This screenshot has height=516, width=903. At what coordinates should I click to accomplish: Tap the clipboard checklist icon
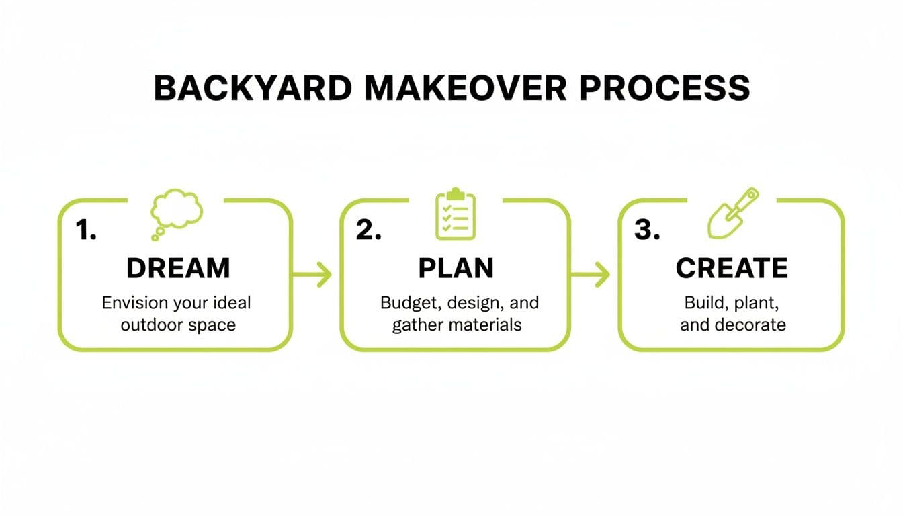[456, 214]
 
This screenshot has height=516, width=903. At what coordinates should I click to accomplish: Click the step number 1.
[86, 230]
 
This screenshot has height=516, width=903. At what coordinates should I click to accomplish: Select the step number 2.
[368, 230]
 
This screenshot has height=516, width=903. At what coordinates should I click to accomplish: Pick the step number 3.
[647, 230]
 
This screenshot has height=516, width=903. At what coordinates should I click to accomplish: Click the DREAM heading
[178, 268]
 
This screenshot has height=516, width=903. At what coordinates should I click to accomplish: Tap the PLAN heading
[456, 268]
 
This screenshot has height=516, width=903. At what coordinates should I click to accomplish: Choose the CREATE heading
[732, 268]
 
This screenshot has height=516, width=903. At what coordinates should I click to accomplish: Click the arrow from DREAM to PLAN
[313, 275]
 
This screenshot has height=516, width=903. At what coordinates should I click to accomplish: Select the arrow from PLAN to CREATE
[591, 275]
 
